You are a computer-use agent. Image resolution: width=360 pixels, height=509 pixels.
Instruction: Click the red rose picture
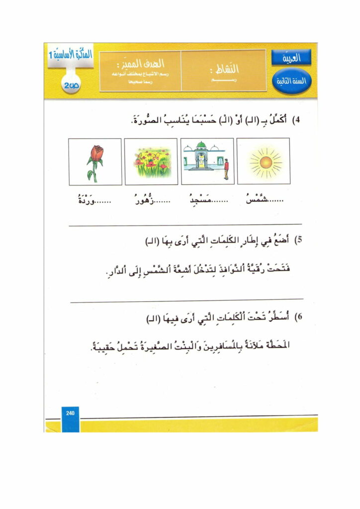(95, 162)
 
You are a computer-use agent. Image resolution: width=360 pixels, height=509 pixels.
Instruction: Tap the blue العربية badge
(291, 59)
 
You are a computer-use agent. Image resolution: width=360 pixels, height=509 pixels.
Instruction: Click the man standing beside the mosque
(226, 168)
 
